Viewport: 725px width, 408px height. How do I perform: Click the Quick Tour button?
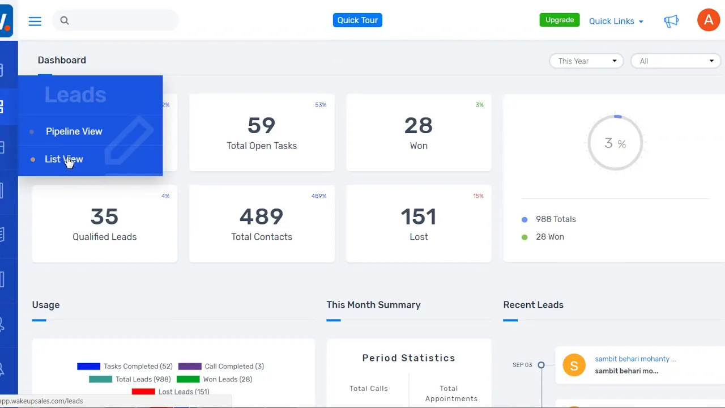point(357,20)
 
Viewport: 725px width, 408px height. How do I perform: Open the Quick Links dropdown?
point(616,21)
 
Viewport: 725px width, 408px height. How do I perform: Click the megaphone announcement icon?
point(671,21)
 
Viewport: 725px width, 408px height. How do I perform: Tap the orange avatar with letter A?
point(708,20)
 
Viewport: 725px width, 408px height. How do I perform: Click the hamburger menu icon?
point(35,21)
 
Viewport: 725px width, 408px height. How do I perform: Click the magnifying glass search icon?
point(65,21)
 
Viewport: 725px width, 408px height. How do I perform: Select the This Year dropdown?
point(586,61)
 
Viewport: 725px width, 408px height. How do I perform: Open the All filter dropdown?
point(675,61)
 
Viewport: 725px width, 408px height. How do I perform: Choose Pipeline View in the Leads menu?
point(74,131)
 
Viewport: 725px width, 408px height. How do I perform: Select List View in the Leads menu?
point(63,159)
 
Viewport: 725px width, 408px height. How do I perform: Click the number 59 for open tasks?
point(261,125)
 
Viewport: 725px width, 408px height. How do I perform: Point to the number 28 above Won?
point(419,125)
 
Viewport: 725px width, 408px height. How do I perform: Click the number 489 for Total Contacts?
point(261,216)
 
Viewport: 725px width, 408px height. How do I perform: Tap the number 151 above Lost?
point(419,216)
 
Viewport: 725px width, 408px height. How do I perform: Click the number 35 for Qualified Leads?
point(104,216)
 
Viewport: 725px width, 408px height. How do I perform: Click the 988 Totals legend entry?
point(555,219)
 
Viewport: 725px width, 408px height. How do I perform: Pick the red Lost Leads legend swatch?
point(143,392)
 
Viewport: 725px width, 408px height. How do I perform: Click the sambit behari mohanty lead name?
point(636,359)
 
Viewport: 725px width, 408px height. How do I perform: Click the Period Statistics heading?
point(408,358)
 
